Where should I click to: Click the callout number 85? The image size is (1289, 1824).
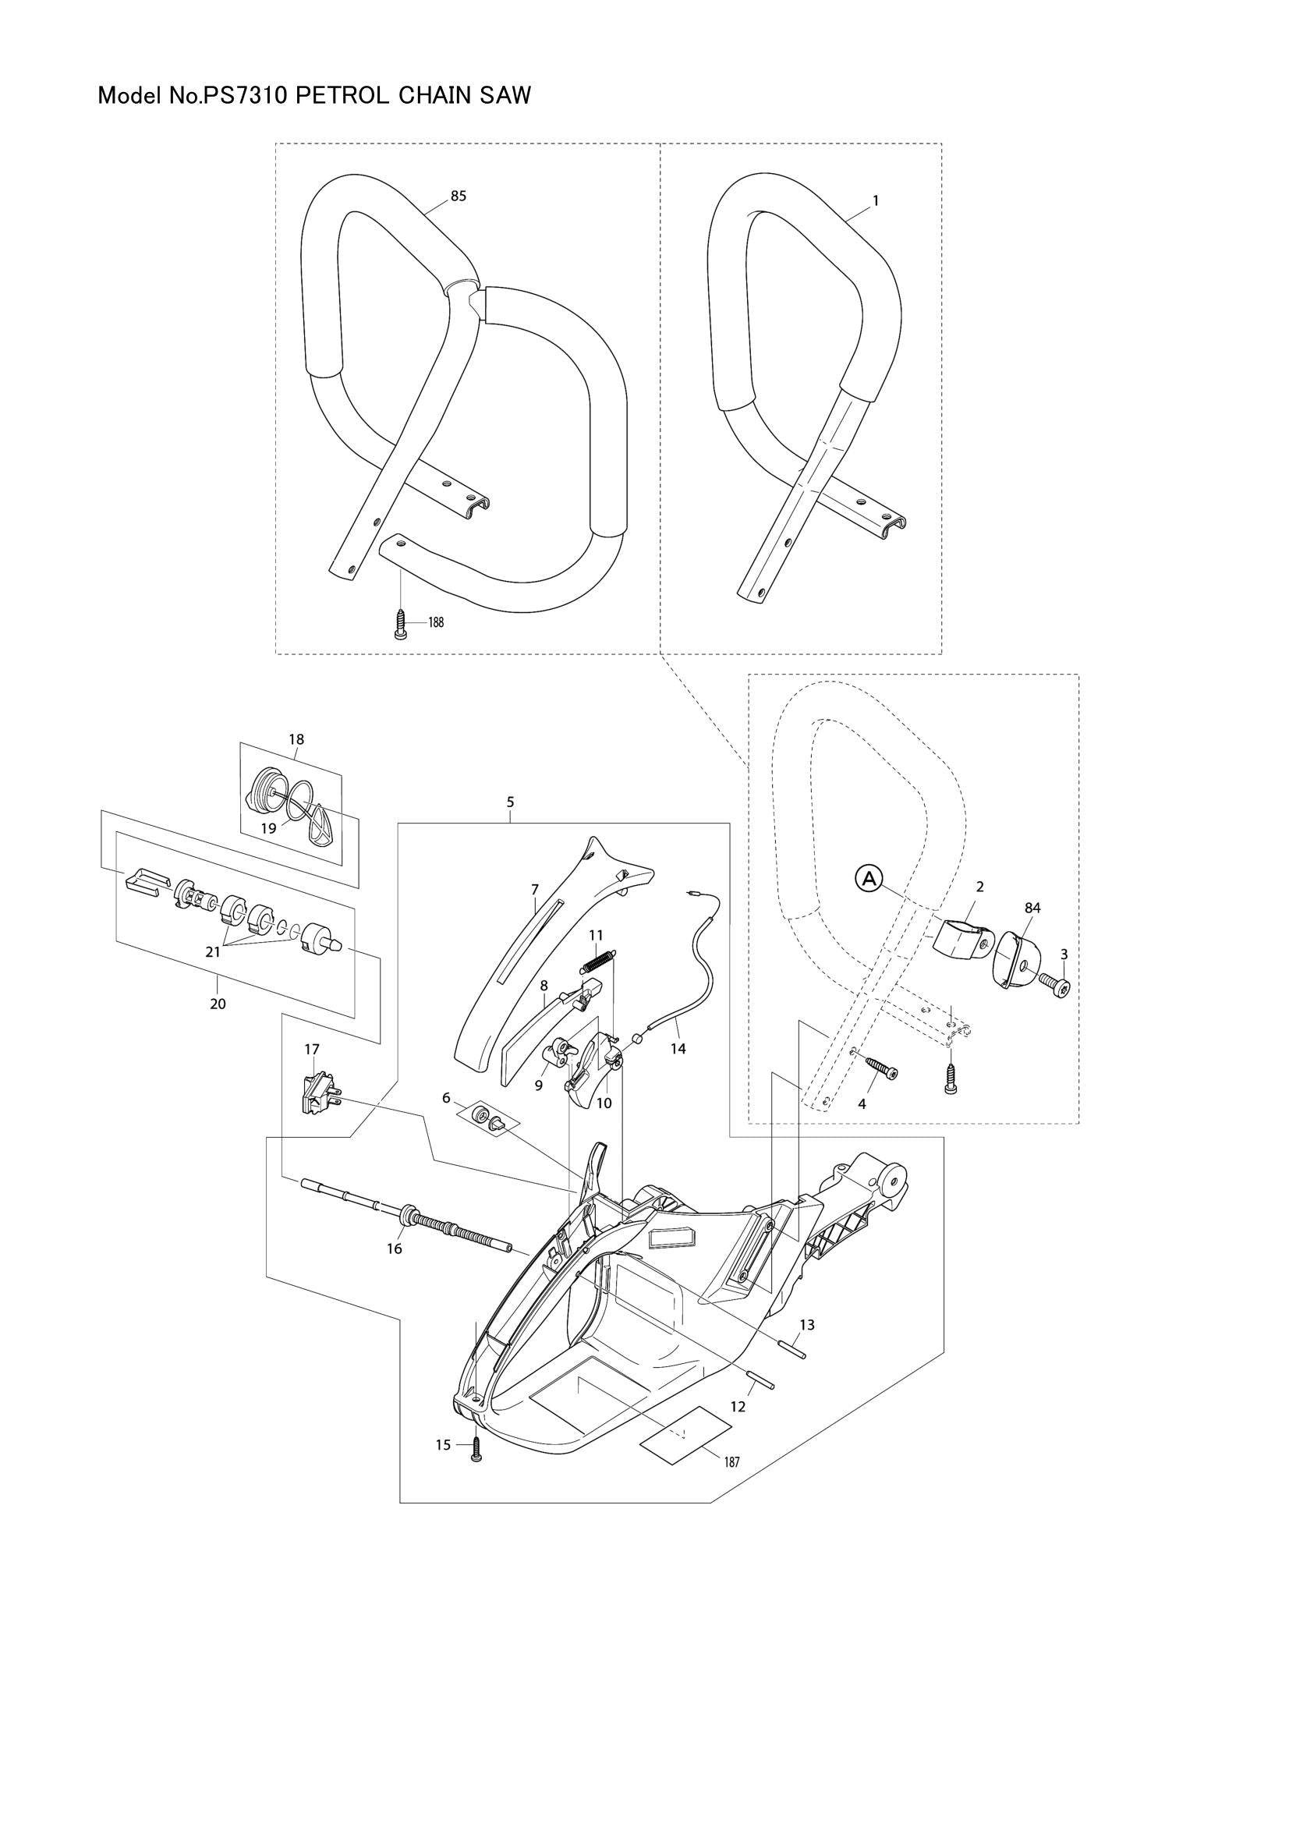459,197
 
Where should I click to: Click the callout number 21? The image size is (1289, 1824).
213,951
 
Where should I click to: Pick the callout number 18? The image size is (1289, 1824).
296,739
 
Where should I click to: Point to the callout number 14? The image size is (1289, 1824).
678,1049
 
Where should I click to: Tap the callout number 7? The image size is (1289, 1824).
535,889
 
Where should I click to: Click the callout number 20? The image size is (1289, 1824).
218,1004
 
